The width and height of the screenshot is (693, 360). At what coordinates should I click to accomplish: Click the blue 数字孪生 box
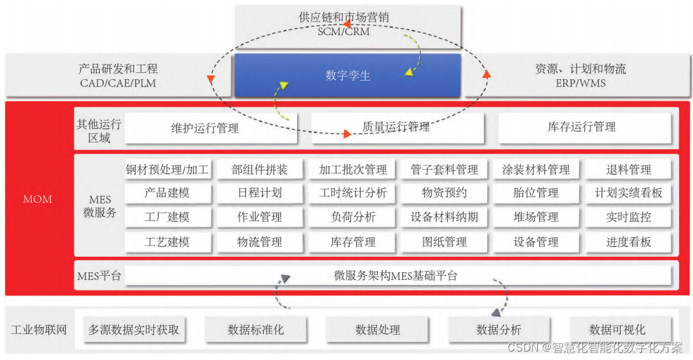348,75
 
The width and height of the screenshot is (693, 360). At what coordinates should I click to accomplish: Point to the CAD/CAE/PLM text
118,84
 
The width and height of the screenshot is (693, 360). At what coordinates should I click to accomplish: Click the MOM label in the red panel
37,199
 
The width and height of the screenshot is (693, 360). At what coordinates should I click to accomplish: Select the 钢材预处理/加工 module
167,169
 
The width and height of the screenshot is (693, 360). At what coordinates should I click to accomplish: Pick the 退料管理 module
628,169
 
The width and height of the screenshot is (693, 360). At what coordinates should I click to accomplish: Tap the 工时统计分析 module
353,192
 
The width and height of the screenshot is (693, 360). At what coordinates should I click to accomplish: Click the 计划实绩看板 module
628,192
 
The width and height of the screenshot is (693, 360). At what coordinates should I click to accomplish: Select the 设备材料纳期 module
444,217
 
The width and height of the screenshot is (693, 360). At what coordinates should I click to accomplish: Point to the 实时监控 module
628,217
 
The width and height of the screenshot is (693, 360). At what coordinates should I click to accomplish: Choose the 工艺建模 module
167,242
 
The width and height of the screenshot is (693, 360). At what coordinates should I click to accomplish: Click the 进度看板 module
628,242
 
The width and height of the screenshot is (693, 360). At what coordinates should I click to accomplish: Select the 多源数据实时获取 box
133,329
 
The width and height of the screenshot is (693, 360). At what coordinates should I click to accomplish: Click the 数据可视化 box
617,329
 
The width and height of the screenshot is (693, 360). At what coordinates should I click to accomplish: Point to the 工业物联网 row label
39,329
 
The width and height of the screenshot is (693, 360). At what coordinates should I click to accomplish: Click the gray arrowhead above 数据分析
496,312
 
